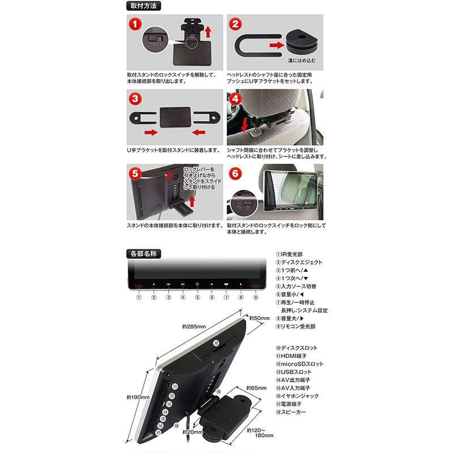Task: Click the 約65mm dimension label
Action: tap(256, 388)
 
